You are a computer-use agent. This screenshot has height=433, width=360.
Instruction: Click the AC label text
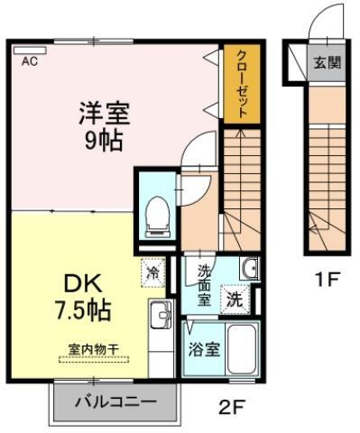click(x=30, y=61)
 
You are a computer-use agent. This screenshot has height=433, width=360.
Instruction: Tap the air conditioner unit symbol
click(x=30, y=51)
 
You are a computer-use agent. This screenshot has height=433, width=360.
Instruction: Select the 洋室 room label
click(x=105, y=114)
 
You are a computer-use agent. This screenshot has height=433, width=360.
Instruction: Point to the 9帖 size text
click(x=104, y=141)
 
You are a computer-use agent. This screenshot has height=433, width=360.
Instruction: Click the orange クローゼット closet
click(x=242, y=84)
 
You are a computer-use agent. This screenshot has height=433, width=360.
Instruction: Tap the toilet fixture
click(x=157, y=216)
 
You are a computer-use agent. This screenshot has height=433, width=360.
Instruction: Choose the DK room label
click(x=83, y=285)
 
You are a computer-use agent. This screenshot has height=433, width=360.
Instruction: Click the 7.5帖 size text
click(x=83, y=310)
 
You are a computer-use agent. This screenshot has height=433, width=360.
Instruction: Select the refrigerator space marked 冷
click(x=153, y=272)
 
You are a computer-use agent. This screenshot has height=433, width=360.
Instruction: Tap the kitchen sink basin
click(x=161, y=314)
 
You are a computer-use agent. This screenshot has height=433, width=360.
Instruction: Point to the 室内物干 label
click(x=94, y=349)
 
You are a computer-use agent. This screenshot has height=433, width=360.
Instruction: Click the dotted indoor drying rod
click(x=94, y=359)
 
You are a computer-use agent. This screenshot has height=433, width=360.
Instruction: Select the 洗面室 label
click(x=204, y=285)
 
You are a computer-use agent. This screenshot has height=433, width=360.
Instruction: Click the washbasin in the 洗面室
click(x=249, y=268)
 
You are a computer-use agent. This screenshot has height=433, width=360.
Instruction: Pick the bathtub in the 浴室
click(x=242, y=348)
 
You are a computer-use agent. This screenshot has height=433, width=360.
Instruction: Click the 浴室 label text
click(x=205, y=349)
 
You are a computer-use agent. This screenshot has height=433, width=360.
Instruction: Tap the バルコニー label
click(x=116, y=401)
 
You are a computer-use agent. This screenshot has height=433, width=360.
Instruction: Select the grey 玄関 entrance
click(x=328, y=62)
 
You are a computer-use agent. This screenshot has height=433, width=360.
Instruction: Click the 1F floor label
click(x=327, y=279)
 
